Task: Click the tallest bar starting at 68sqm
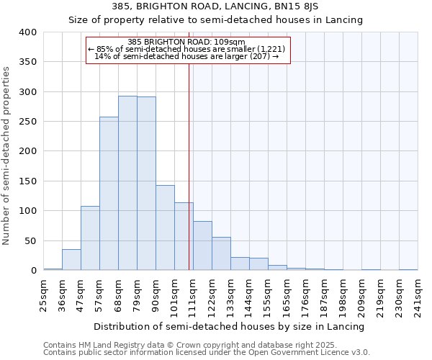[x=127, y=183]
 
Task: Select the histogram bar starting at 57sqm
[x=109, y=194]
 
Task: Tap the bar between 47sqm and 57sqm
[x=90, y=238]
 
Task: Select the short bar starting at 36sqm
[x=71, y=260]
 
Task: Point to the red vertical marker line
[x=189, y=166]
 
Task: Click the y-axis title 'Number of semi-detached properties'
[x=6, y=155]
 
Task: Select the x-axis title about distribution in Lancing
[x=229, y=326]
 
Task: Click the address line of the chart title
[x=215, y=6]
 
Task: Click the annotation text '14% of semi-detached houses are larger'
[x=186, y=56]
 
